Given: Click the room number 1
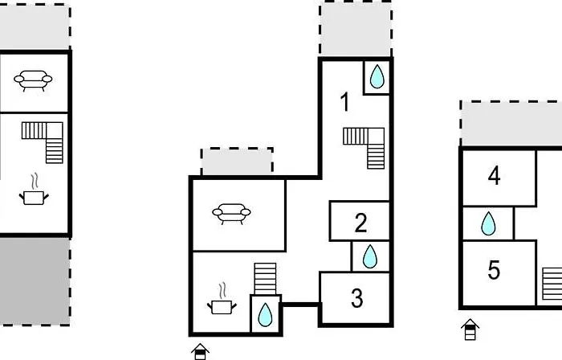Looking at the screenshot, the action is tap(345, 102).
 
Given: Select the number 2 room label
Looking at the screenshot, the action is tap(360, 223).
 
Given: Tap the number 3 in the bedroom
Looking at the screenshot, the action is tap(357, 298).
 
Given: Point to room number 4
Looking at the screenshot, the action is tap(495, 176).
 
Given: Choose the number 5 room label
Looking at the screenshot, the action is tap(494, 270).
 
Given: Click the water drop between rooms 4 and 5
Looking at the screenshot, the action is tap(488, 223).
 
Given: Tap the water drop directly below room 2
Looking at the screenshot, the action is tap(370, 256).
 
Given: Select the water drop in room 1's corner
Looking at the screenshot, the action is tap(377, 76).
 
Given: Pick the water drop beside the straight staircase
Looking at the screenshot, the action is tap(265, 314).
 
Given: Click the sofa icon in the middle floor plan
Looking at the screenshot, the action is tap(231, 214).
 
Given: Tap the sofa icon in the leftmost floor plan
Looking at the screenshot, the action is tap(33, 80).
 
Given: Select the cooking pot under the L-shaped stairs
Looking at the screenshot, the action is tap(34, 190).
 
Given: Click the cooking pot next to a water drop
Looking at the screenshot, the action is tap(222, 299).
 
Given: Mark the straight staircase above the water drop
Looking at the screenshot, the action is tap(265, 279).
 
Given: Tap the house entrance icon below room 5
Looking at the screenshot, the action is tap(470, 329).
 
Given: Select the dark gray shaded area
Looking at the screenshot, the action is tap(35, 281).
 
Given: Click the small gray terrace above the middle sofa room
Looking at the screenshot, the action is tap(237, 162).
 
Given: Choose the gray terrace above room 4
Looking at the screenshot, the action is tap(511, 124).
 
